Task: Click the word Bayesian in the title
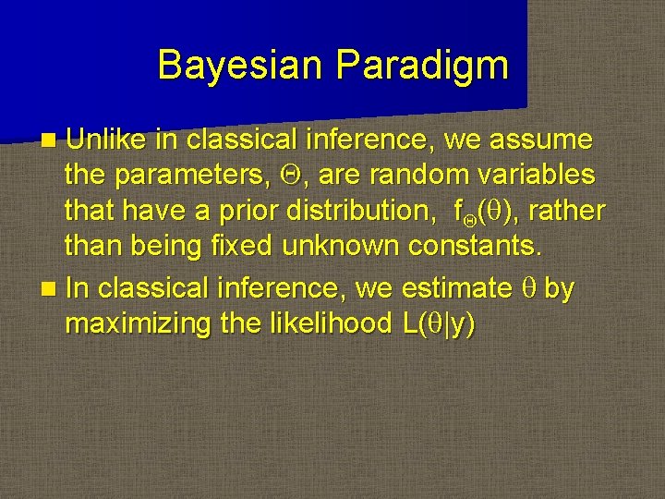coord(240,66)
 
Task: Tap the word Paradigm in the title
coord(422,66)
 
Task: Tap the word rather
coord(570,211)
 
